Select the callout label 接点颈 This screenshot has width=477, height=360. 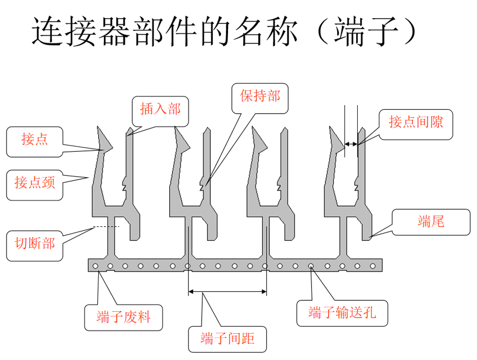click(35, 182)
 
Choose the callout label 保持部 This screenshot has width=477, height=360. click(260, 96)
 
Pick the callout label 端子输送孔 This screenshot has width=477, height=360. click(342, 313)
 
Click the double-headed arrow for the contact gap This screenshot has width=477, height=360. click(352, 143)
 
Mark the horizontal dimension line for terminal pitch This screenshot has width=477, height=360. click(227, 291)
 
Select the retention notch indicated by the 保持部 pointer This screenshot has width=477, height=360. click(204, 183)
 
